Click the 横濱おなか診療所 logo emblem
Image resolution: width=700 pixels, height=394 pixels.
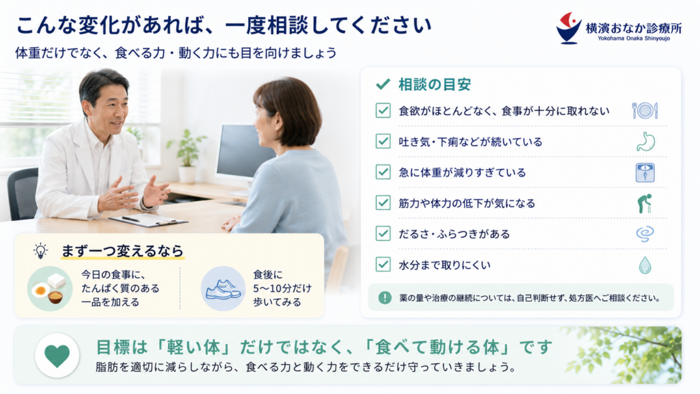tap(568, 27)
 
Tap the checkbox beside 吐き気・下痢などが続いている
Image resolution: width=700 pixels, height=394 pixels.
tap(383, 141)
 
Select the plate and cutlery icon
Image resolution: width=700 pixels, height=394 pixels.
tap(645, 111)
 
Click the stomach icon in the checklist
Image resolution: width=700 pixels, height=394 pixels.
tap(645, 142)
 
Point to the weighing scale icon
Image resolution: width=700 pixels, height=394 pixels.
tap(645, 172)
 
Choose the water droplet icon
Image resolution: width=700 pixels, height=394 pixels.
tap(645, 265)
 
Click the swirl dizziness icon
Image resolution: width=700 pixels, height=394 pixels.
tap(645, 234)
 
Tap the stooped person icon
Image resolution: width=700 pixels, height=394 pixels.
tap(644, 203)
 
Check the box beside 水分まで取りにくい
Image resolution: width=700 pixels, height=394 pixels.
tap(383, 264)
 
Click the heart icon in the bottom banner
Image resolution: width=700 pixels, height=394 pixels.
tap(57, 356)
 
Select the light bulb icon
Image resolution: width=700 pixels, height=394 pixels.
tap(40, 250)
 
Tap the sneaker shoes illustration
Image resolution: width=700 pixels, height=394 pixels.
tap(224, 289)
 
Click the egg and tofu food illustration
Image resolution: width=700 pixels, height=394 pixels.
tap(49, 289)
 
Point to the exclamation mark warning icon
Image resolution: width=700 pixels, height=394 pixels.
tap(384, 298)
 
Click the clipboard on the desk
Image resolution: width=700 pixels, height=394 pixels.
tap(148, 220)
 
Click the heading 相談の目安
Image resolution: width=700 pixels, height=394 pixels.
tap(434, 84)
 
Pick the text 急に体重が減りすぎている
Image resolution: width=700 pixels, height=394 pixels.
tap(462, 172)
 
